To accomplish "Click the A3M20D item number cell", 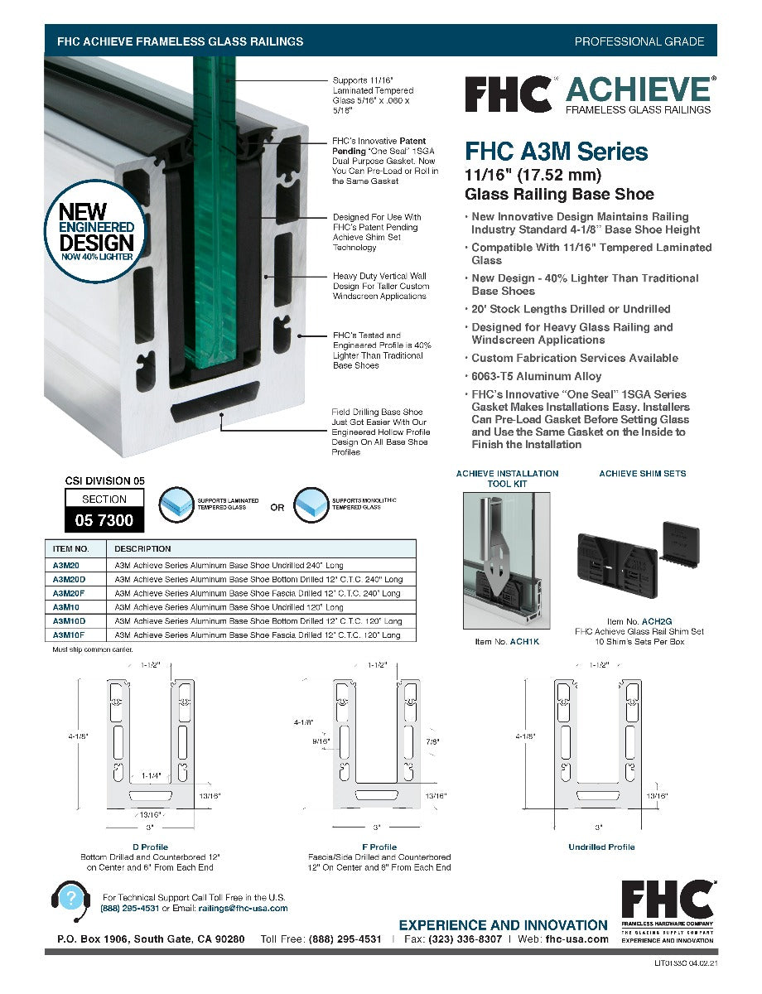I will [70, 578].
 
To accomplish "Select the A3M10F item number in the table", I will [70, 635].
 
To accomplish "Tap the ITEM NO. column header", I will [71, 548].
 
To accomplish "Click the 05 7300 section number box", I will [104, 520].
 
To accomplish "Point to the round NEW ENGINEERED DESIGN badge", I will [96, 226].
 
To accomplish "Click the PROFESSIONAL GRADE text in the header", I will [639, 41].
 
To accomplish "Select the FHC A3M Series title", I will [556, 152].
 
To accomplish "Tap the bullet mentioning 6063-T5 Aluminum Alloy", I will [536, 376].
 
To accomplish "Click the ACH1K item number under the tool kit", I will [524, 642].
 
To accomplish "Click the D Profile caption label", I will [150, 847].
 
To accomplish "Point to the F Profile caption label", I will [379, 847].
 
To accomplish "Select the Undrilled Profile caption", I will [601, 847].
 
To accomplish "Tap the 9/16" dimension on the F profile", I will [321, 741].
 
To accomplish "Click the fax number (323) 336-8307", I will [465, 939].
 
